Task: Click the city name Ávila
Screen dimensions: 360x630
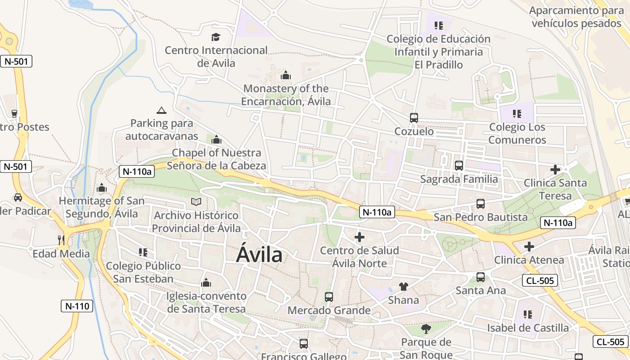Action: (260, 255)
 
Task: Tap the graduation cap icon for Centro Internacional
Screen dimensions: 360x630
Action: (216, 37)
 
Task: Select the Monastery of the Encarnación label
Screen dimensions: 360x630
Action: (286, 95)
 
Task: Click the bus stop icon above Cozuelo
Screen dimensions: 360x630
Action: (414, 118)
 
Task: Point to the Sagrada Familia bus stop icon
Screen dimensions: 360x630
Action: (459, 165)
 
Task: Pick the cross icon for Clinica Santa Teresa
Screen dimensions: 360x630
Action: (555, 170)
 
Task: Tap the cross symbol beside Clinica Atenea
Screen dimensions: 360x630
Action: (529, 246)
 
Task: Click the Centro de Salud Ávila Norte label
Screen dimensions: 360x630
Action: (359, 256)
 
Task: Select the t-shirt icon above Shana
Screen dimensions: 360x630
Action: (403, 286)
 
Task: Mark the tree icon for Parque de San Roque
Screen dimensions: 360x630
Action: (426, 329)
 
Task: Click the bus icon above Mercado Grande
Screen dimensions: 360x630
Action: (329, 297)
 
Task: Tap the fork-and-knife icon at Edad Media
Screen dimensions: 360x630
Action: (61, 240)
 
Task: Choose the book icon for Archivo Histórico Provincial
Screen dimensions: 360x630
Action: (196, 202)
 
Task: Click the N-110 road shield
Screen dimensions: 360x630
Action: (77, 306)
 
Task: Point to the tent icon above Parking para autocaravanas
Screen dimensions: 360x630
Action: (162, 110)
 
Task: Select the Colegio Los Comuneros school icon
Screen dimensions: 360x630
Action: (517, 113)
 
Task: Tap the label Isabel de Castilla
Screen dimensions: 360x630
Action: (527, 328)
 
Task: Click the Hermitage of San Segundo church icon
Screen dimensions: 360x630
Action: (102, 187)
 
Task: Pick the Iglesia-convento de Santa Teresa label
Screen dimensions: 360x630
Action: (207, 302)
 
